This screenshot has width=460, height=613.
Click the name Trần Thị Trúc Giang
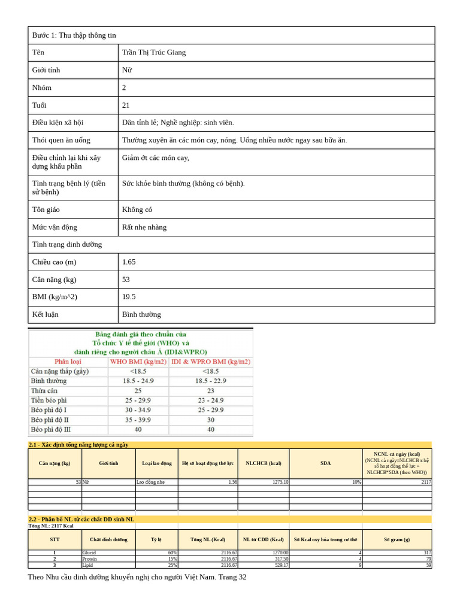coord(154,53)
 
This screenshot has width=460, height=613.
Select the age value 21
coord(126,105)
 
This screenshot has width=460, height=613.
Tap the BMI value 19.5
coord(129,297)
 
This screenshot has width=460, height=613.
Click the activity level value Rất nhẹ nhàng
coord(144,227)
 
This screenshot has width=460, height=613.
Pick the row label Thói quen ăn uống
coord(61,140)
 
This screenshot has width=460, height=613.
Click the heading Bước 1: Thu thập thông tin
coord(74,35)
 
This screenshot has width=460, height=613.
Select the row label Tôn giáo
coord(46,210)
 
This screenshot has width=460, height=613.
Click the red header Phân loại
coord(69,362)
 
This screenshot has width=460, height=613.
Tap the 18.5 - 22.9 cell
coord(211,381)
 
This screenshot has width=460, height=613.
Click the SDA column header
coord(325,463)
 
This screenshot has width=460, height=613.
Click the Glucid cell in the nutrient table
coord(89,553)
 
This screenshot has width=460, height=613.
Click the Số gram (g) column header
coord(397,539)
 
